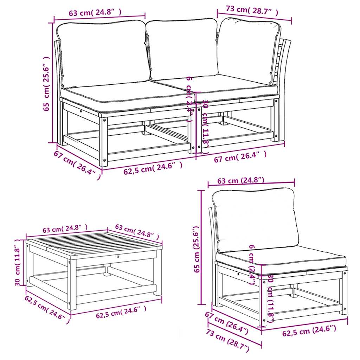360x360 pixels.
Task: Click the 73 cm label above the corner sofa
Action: [252, 11]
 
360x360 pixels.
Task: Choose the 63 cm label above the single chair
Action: [240, 181]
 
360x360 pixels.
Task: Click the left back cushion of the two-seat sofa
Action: [102, 53]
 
